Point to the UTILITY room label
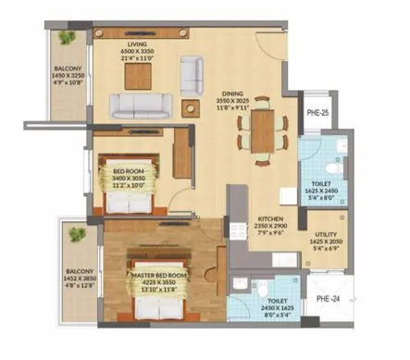(325, 236)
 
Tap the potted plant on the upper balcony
(66, 38)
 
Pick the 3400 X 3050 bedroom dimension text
(130, 178)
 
